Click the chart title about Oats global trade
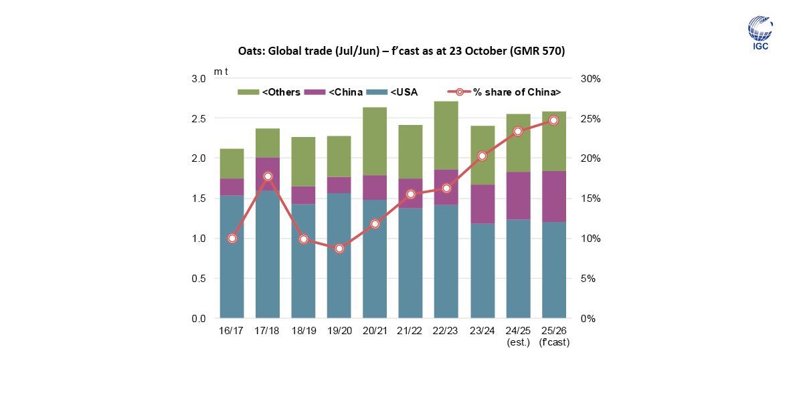(x=401, y=51)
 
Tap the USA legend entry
(x=395, y=92)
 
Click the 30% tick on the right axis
(x=591, y=78)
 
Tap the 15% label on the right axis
(x=591, y=198)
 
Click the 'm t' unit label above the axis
(x=220, y=71)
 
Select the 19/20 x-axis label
(x=339, y=331)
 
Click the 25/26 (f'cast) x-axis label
(x=553, y=337)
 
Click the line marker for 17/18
(x=268, y=176)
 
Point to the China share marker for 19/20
(x=339, y=249)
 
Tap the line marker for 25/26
(x=553, y=120)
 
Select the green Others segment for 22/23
(x=446, y=136)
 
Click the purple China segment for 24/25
(x=518, y=196)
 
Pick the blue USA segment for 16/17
(x=232, y=257)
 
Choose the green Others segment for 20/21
(x=375, y=141)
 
